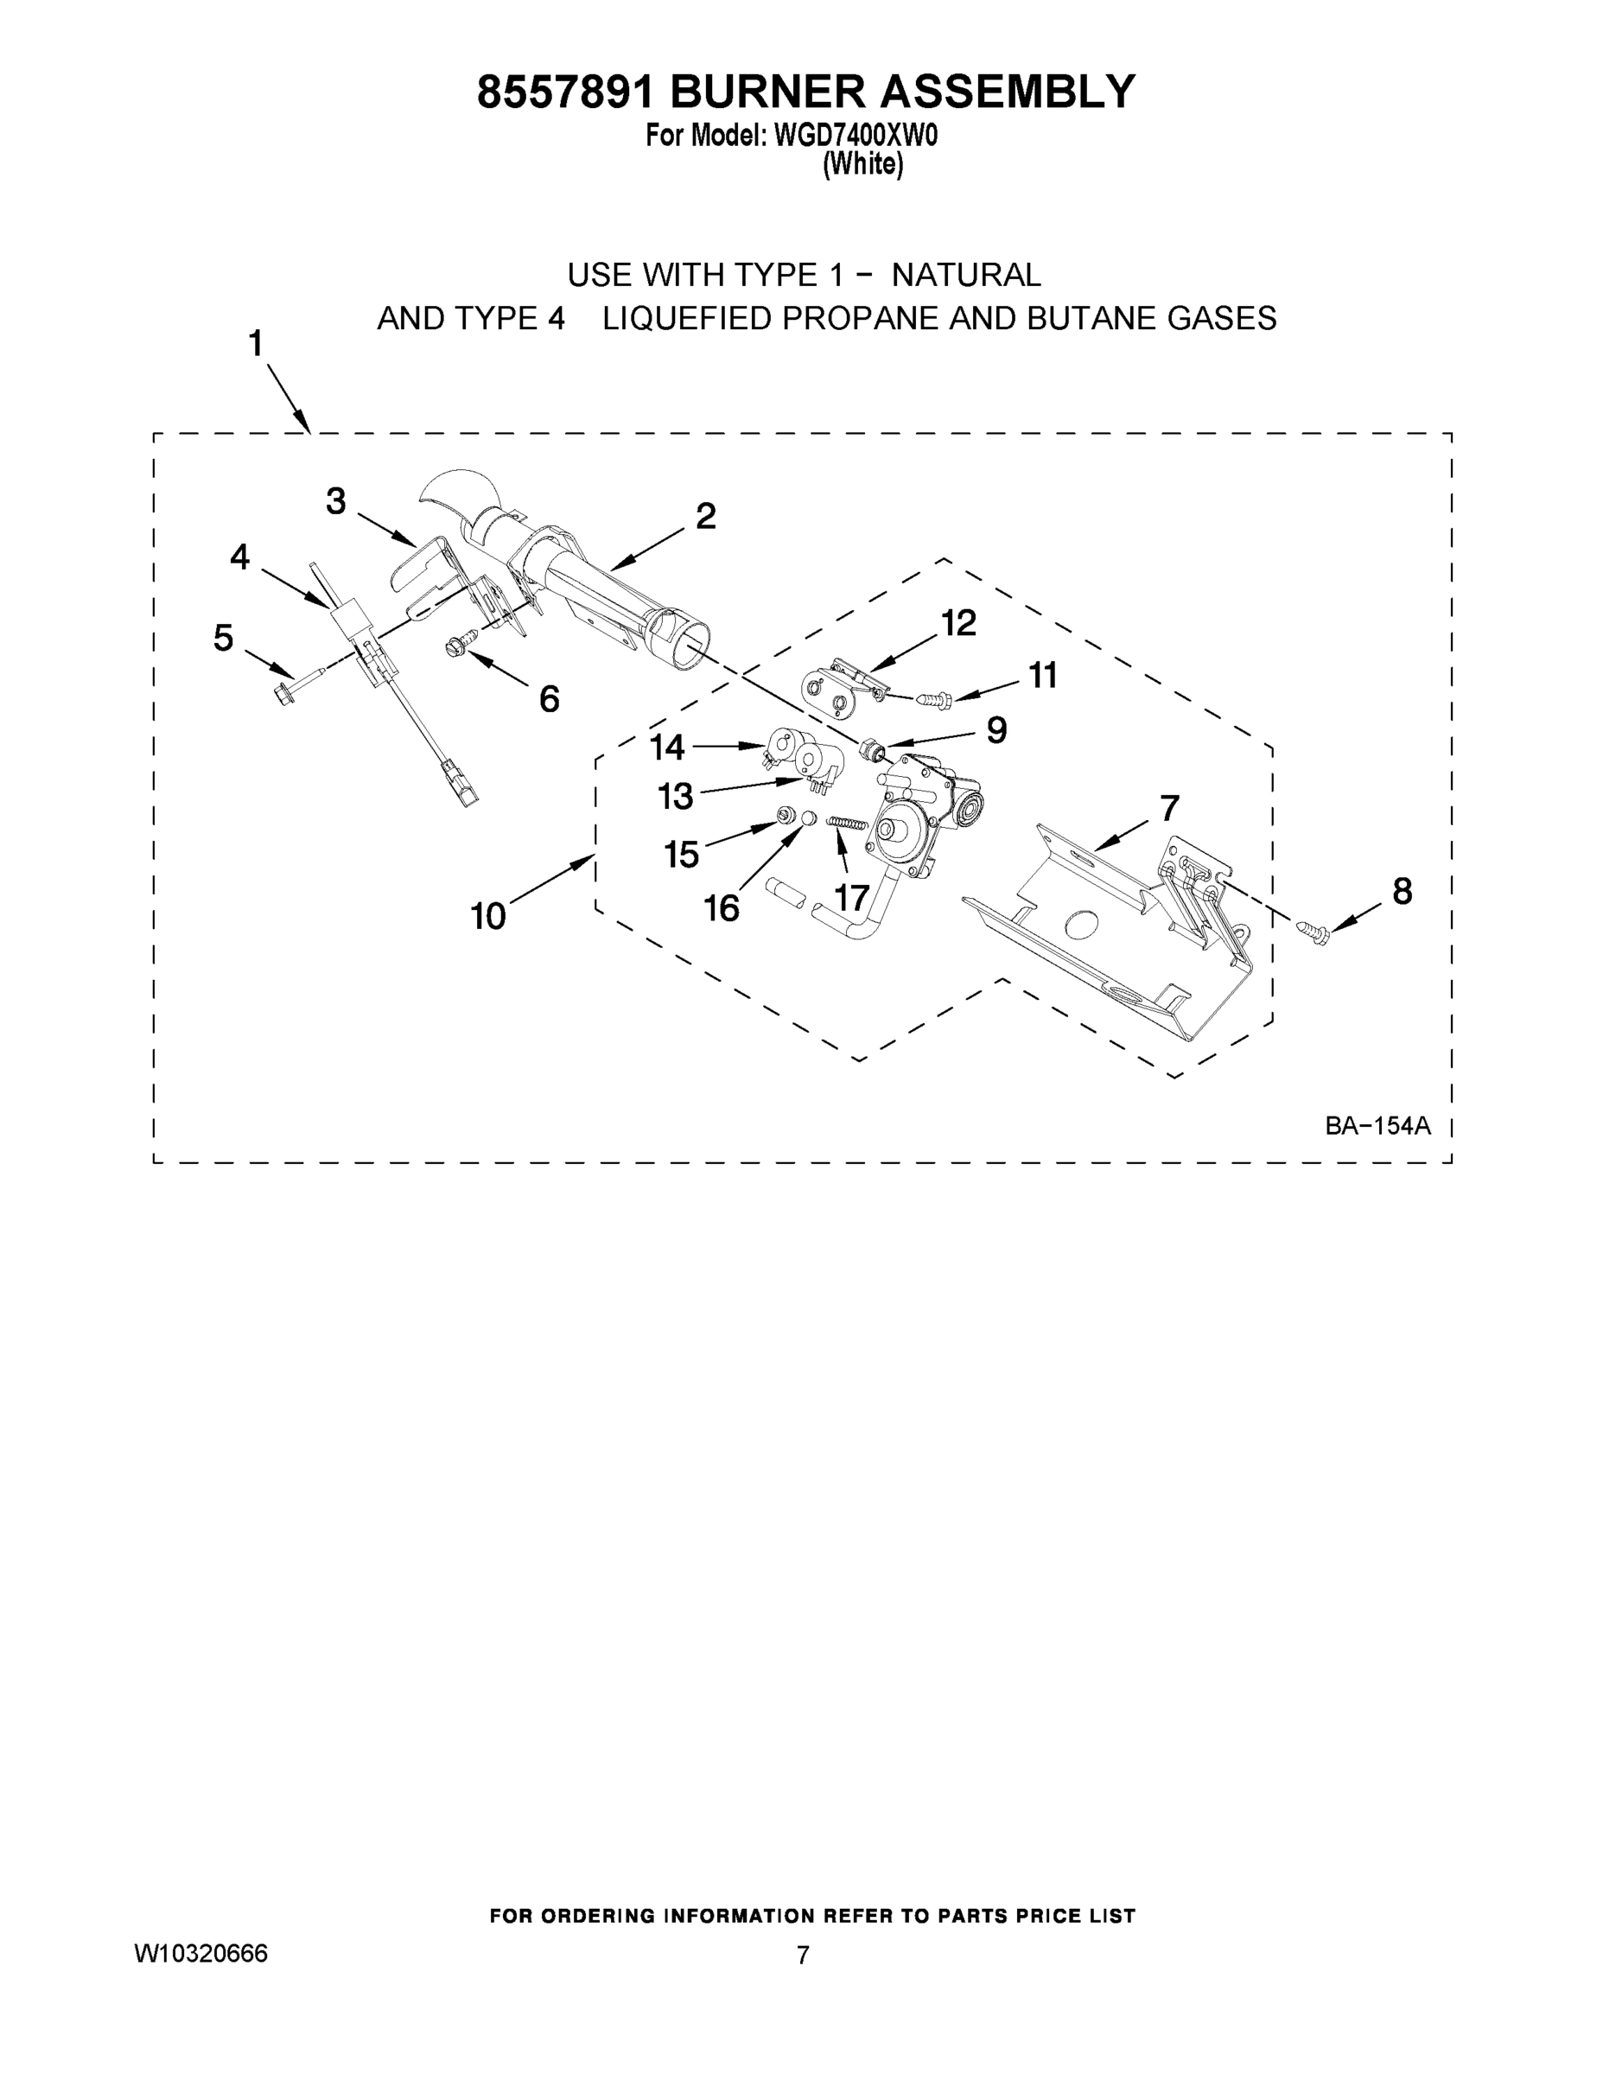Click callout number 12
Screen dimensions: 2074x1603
(x=958, y=624)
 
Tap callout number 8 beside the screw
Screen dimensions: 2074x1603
(x=1402, y=891)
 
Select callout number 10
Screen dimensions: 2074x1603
(x=487, y=916)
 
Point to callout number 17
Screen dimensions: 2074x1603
(x=852, y=897)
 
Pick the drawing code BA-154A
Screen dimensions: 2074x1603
(x=1377, y=1126)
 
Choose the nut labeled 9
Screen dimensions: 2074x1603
(x=871, y=750)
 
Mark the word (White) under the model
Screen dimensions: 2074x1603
(x=862, y=164)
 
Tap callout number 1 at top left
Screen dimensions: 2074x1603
(x=256, y=343)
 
